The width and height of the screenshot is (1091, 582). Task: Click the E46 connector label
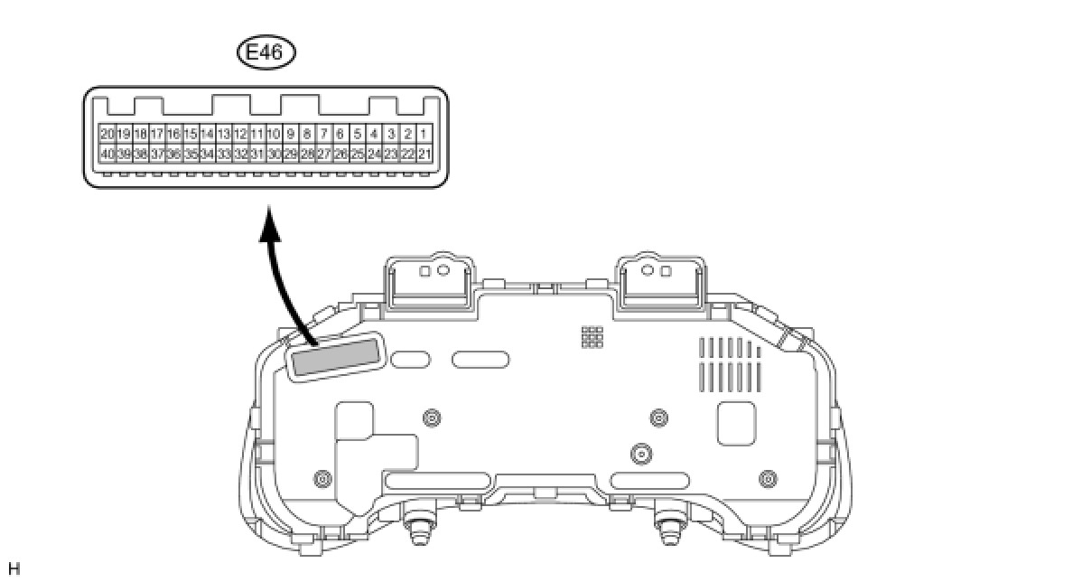(x=266, y=52)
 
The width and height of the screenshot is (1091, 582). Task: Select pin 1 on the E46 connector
(x=424, y=134)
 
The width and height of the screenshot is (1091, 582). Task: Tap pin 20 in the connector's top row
(x=107, y=134)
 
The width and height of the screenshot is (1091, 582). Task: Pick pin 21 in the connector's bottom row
(x=424, y=154)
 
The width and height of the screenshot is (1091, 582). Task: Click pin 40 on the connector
(x=107, y=154)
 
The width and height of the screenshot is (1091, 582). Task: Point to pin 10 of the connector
(x=274, y=134)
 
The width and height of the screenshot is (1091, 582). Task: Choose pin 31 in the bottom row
(x=257, y=154)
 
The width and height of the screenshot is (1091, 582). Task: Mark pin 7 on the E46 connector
(x=324, y=134)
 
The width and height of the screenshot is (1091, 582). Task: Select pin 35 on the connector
(x=191, y=154)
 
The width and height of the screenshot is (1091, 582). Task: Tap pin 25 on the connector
(x=358, y=154)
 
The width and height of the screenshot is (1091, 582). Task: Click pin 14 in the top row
(x=208, y=134)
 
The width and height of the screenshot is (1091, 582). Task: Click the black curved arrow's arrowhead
(x=269, y=222)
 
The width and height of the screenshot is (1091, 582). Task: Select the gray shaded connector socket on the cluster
(x=335, y=357)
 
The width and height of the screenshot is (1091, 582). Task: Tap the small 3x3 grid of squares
(x=592, y=337)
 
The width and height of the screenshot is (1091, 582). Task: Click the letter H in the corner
(x=13, y=568)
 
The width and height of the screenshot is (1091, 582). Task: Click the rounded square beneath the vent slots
(x=736, y=422)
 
